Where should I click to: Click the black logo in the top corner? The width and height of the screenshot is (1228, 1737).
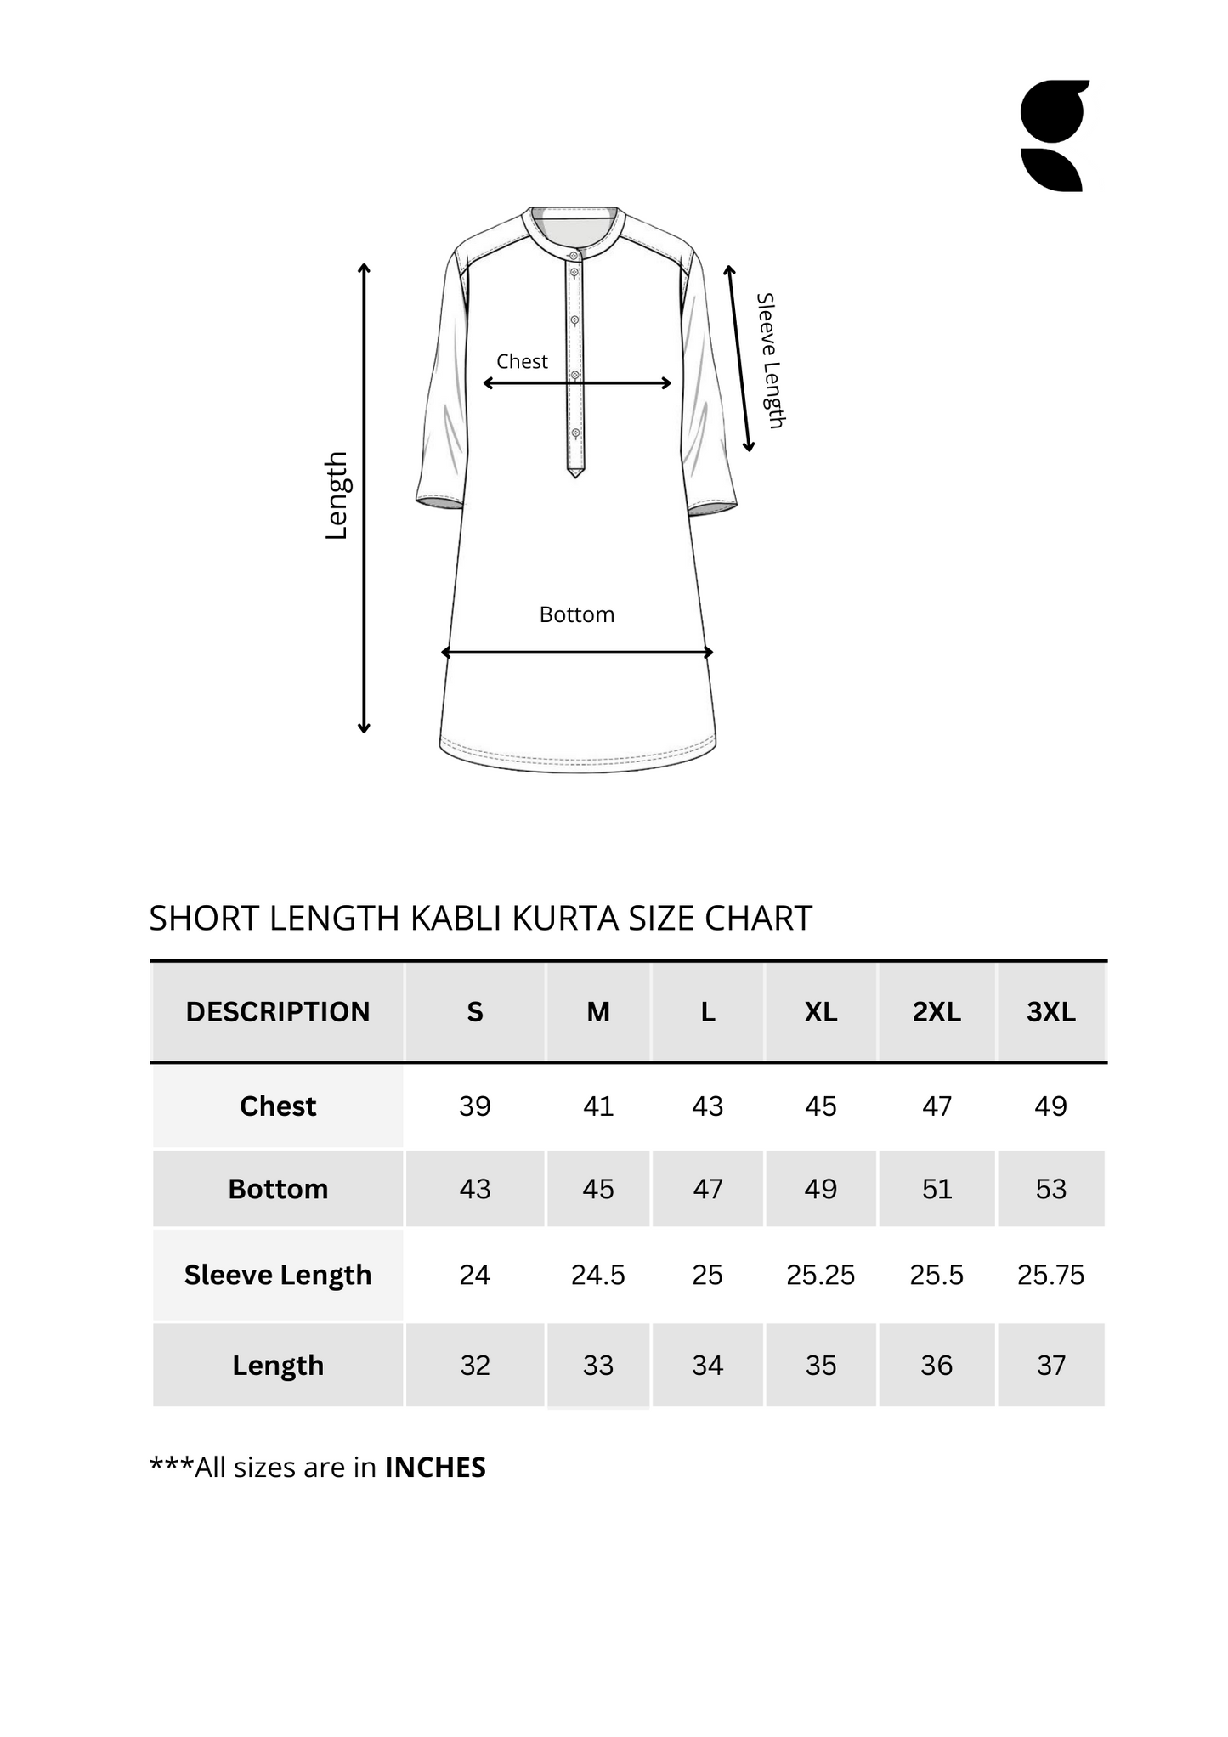point(1054,136)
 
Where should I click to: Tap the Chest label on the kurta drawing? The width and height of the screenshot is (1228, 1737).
point(522,361)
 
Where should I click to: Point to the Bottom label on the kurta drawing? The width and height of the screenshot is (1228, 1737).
point(576,614)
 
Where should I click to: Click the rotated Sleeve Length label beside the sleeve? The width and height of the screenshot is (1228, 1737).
point(769,360)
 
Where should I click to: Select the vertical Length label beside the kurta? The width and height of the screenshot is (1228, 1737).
point(337,495)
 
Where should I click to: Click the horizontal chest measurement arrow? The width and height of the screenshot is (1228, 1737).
point(577,383)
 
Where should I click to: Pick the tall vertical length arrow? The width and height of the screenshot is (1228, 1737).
point(364,498)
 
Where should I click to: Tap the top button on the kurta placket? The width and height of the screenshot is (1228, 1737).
point(574,255)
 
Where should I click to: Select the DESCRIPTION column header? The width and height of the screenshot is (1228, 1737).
point(278,1012)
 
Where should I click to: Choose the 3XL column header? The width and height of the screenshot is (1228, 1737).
point(1050,1012)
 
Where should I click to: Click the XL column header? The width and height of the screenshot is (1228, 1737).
point(820,1012)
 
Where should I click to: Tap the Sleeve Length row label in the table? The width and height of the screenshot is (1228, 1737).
point(278,1275)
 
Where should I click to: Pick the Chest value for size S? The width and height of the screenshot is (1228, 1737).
point(474,1106)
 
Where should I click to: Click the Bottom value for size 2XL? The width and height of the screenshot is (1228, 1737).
point(937,1189)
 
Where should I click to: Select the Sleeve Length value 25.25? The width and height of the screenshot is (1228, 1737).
point(820,1275)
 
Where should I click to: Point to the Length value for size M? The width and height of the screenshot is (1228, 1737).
point(597,1366)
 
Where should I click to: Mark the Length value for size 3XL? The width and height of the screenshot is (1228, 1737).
point(1050,1366)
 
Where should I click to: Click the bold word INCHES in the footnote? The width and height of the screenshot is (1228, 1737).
point(435,1468)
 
